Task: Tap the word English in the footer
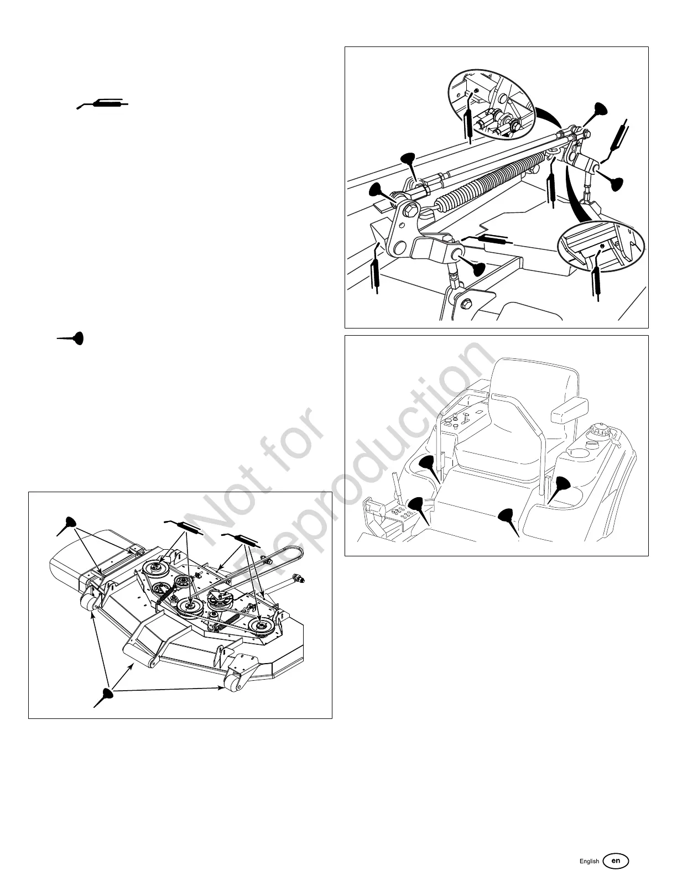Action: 589,862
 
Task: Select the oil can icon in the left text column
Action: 71,338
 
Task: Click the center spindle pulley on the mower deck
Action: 189,607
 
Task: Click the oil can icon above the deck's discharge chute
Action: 69,524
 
